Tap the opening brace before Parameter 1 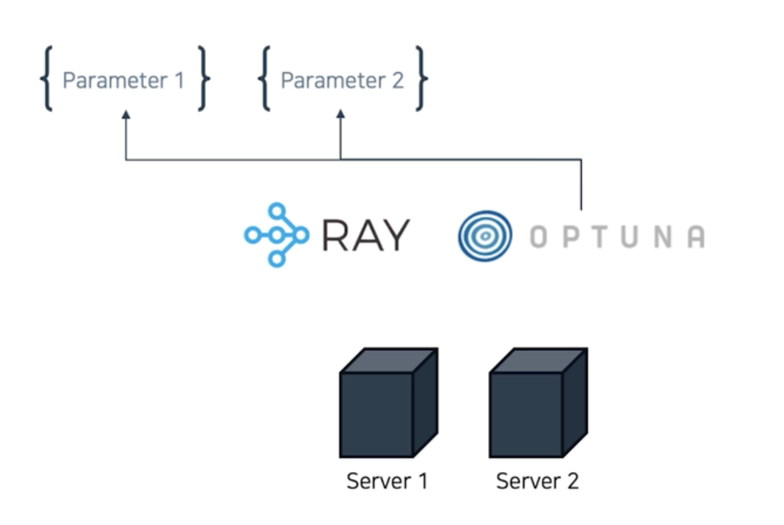click(47, 78)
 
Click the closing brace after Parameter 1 click(204, 78)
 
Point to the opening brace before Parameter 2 click(264, 78)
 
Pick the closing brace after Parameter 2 click(421, 78)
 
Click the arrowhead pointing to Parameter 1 click(126, 116)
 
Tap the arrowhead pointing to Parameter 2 click(340, 116)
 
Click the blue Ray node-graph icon click(276, 234)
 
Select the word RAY click(365, 236)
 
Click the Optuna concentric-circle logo click(484, 236)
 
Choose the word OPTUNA click(617, 237)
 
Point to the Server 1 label click(387, 481)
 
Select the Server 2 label click(537, 481)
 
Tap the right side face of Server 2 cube click(575, 401)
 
